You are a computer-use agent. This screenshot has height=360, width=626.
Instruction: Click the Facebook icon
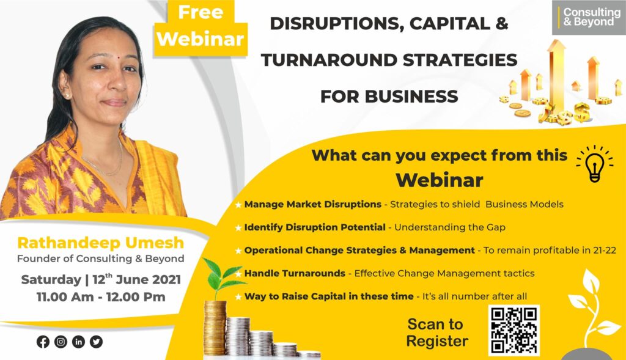43,342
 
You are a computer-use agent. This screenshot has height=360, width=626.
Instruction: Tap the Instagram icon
61,342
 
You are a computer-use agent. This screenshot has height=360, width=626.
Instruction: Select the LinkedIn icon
79,342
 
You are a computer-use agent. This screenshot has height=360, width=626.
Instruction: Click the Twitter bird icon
96,342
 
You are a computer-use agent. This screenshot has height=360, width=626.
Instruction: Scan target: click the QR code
514,331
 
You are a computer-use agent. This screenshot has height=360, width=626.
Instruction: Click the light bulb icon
594,164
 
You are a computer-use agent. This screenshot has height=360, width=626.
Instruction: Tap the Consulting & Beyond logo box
589,18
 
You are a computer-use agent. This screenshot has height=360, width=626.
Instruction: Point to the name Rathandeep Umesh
101,243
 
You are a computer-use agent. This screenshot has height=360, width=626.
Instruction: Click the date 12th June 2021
136,279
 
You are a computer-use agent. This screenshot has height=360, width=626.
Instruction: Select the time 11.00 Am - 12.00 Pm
101,297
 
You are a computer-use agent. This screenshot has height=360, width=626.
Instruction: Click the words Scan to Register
436,333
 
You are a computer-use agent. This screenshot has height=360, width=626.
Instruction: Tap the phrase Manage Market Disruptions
312,204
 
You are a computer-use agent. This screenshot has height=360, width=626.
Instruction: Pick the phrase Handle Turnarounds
295,273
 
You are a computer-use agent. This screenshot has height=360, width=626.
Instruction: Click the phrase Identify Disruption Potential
315,227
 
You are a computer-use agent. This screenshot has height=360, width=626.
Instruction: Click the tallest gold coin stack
215,328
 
